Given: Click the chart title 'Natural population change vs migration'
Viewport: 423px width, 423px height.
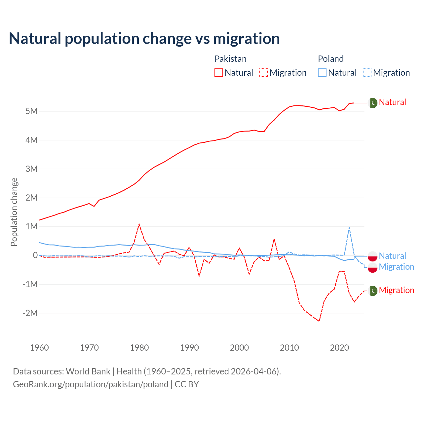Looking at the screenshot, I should [144, 39].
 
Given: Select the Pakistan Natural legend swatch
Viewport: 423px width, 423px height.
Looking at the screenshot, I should [219, 73].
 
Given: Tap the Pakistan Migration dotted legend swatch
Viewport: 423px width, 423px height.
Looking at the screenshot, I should [264, 73].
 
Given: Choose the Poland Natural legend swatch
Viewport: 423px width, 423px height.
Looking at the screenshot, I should [322, 73].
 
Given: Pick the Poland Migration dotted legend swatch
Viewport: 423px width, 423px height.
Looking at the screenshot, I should [367, 73].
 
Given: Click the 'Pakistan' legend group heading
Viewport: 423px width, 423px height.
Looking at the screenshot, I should [230, 59].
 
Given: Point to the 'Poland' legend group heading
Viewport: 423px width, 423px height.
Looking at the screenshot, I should [330, 59].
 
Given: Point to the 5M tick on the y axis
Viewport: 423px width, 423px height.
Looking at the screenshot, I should [31, 111].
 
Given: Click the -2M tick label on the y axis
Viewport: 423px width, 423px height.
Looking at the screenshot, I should [30, 313].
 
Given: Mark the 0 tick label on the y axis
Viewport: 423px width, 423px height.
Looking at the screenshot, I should [35, 255].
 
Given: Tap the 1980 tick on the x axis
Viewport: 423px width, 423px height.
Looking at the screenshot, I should [139, 348].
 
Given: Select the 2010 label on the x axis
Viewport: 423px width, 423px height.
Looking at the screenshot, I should [289, 348].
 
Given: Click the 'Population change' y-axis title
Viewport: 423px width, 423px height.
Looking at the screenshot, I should [14, 212].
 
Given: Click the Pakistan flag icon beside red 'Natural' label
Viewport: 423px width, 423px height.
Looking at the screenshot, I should [373, 103].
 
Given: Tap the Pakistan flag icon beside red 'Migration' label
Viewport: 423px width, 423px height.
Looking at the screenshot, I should [373, 291].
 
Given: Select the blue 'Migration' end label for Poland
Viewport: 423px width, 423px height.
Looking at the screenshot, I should [396, 267].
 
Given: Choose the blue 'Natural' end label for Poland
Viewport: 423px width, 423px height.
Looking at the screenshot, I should [392, 256].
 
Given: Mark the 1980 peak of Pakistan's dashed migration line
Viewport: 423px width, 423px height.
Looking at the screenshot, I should [139, 224].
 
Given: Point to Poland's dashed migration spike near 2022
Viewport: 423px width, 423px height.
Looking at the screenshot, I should [349, 227].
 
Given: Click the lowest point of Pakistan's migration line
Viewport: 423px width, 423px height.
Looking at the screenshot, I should [319, 321].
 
